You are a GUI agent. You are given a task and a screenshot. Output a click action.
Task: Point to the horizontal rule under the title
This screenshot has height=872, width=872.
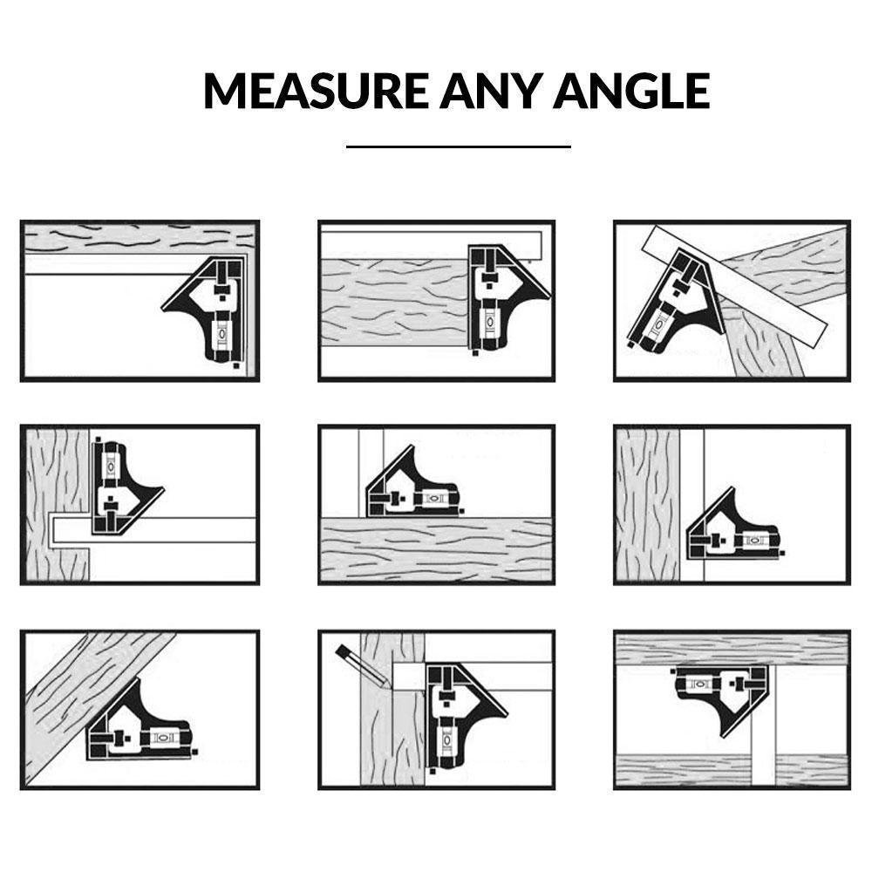pos(458,146)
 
